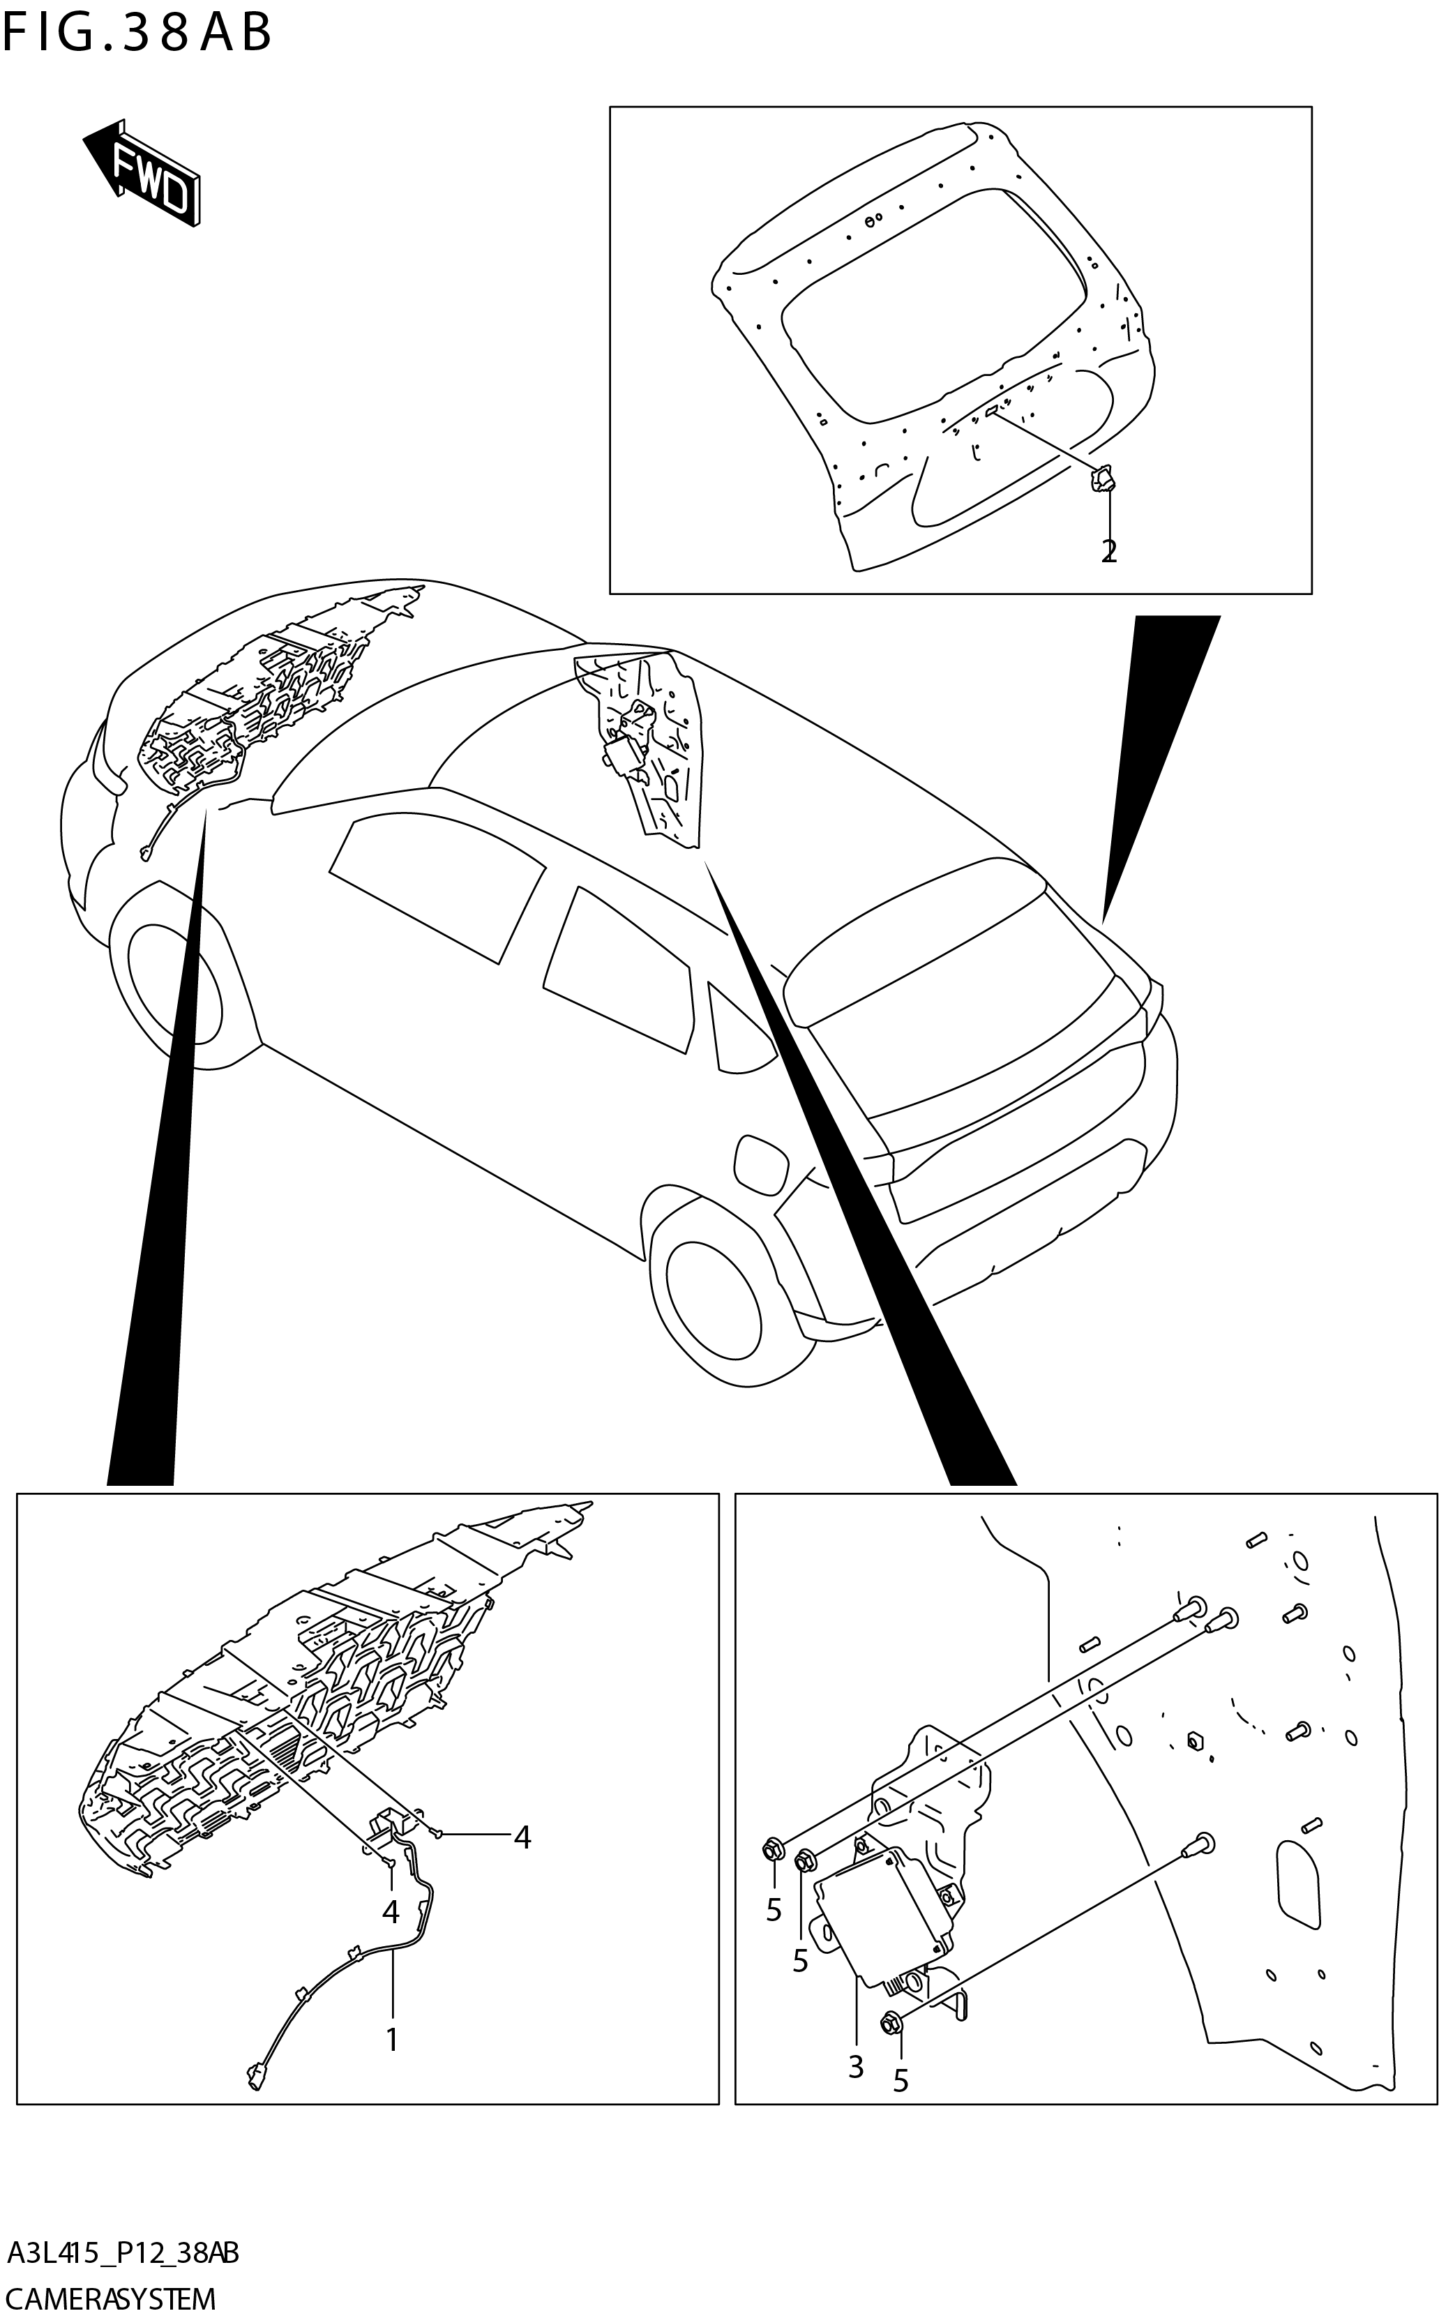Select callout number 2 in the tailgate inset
point(1109,551)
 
